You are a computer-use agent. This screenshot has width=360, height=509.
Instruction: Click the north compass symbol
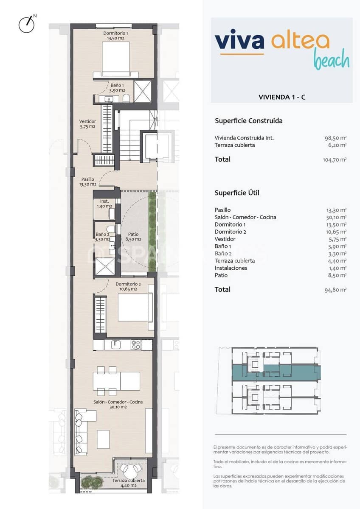[26, 25]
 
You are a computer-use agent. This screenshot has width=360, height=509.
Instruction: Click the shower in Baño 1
[143, 91]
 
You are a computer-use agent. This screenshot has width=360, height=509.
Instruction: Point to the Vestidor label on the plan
[87, 124]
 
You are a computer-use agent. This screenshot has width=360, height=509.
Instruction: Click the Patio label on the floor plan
[133, 237]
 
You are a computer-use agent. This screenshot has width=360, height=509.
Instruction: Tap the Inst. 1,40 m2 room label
[104, 204]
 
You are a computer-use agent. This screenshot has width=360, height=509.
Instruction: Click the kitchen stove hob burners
[136, 345]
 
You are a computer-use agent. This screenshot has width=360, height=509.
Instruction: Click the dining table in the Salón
[117, 380]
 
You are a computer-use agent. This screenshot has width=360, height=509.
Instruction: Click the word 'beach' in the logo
[332, 61]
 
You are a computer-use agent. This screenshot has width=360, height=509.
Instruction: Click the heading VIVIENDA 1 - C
[282, 97]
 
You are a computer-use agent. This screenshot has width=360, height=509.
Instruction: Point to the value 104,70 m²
[335, 160]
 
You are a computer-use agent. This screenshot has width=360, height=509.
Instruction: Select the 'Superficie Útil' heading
[237, 193]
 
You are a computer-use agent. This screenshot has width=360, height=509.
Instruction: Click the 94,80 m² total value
[336, 290]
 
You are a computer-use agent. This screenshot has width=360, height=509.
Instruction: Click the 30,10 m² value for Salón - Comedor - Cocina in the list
[336, 217]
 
